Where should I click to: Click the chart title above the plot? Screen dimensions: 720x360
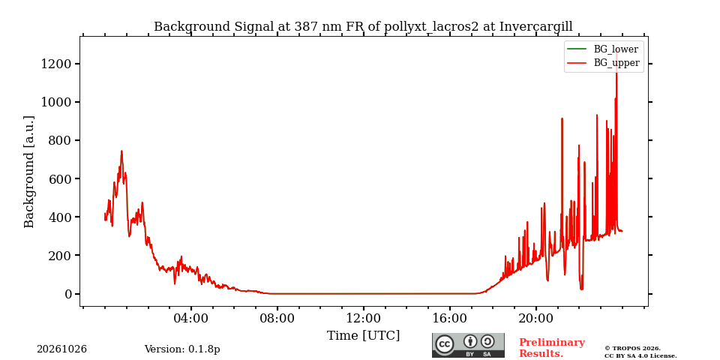[363, 27]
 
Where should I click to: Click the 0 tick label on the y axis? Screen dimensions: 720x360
[69, 294]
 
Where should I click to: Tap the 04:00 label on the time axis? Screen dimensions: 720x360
[191, 318]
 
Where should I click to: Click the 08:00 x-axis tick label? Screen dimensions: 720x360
[277, 318]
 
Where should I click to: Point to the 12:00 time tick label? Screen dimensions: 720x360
[364, 318]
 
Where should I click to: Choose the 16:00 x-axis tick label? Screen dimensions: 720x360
[449, 318]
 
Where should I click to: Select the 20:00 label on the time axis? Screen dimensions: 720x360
[535, 318]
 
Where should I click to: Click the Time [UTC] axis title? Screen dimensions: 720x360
[363, 336]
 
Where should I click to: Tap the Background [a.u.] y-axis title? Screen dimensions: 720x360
[29, 172]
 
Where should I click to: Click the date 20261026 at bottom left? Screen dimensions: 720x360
[62, 349]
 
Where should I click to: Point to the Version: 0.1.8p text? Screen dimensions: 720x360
[182, 349]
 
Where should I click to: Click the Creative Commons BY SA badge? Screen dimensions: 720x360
[468, 345]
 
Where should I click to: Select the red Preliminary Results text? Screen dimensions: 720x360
[552, 348]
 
